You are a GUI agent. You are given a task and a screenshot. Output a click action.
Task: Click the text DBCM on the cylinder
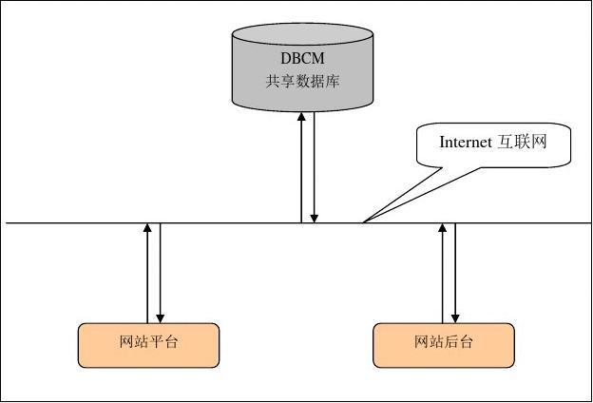tap(301, 57)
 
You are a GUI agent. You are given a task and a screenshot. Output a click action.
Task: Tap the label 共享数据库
tap(302, 82)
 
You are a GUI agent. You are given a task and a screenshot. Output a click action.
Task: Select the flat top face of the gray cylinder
tap(302, 35)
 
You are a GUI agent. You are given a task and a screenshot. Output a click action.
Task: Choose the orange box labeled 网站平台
tap(148, 344)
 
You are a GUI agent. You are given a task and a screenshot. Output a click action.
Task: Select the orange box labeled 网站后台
tap(444, 344)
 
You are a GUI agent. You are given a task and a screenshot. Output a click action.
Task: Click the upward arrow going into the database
tap(301, 166)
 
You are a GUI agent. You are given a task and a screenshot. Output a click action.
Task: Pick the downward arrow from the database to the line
tap(315, 166)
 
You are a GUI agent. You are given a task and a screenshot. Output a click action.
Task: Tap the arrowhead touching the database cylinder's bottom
tap(301, 115)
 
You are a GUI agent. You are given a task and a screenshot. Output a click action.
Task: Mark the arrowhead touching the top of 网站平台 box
tap(160, 317)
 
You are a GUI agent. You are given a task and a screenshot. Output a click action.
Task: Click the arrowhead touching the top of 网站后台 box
tap(455, 317)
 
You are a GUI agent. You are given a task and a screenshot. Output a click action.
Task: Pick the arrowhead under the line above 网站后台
tap(443, 229)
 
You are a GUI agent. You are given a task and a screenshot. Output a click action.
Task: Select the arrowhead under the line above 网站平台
tap(147, 229)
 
